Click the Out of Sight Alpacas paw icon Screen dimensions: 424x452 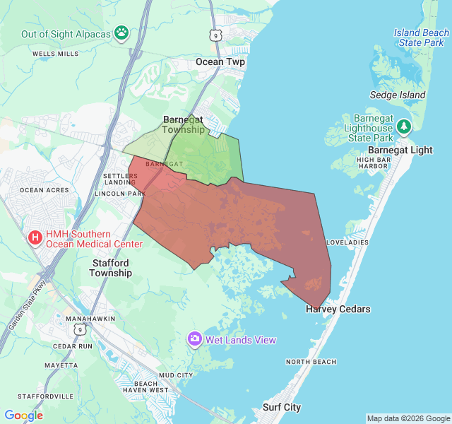[122, 33]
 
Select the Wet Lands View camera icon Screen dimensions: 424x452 [194, 340]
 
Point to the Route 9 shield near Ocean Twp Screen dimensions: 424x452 [214, 35]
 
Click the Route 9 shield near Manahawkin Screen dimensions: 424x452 [80, 330]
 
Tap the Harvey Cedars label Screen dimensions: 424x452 [338, 309]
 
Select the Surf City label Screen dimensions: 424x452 [282, 407]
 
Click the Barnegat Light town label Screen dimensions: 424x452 [400, 150]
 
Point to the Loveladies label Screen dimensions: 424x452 [347, 242]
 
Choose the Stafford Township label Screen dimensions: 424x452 [111, 268]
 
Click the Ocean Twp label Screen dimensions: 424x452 [220, 61]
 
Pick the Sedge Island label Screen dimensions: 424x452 [398, 95]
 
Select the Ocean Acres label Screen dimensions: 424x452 [44, 190]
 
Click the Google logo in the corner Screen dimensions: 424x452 [24, 416]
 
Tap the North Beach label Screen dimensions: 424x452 [311, 362]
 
